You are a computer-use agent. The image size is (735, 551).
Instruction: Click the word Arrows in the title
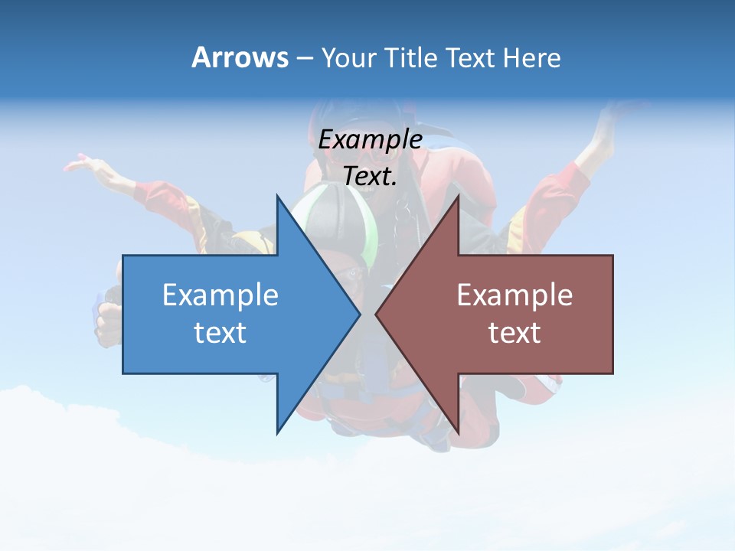click(240, 57)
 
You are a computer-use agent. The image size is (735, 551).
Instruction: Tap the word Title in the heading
click(410, 58)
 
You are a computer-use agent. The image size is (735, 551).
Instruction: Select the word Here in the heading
click(531, 58)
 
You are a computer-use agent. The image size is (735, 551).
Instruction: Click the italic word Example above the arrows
click(371, 139)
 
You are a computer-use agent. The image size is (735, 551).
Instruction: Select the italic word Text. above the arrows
click(371, 176)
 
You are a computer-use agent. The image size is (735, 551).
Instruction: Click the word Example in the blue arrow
click(220, 295)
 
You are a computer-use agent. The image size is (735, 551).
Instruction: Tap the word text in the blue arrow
click(220, 332)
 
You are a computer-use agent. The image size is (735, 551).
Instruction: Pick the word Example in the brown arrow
click(514, 295)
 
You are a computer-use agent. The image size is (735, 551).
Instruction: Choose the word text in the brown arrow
click(514, 332)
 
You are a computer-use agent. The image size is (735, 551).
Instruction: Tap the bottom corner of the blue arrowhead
click(278, 432)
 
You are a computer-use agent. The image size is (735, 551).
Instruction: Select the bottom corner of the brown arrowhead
click(457, 432)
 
